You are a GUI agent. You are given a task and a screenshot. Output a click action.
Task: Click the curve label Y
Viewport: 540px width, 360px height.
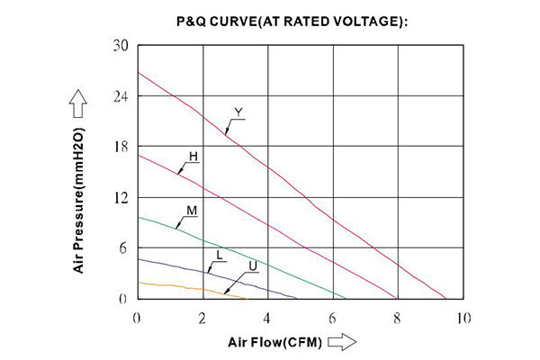click(238, 112)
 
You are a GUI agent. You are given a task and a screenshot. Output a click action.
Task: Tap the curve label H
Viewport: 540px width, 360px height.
click(193, 156)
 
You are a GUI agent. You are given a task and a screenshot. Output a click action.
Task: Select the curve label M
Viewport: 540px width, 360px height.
click(192, 211)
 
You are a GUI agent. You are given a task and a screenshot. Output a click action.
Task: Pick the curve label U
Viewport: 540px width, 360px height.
click(253, 265)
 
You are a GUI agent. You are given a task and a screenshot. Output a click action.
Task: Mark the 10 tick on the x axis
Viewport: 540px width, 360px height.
click(463, 318)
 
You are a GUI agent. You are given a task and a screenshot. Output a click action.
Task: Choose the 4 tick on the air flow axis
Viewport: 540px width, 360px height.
click(268, 318)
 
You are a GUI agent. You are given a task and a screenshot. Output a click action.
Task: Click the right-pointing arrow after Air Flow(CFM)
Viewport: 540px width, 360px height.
click(342, 342)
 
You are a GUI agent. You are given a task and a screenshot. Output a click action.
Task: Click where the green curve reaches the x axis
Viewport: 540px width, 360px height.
click(346, 298)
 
